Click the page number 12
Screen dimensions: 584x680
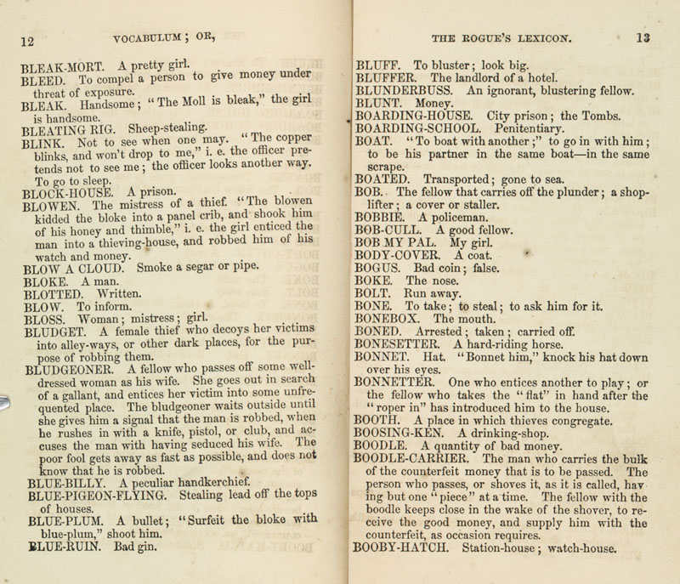(25, 40)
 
